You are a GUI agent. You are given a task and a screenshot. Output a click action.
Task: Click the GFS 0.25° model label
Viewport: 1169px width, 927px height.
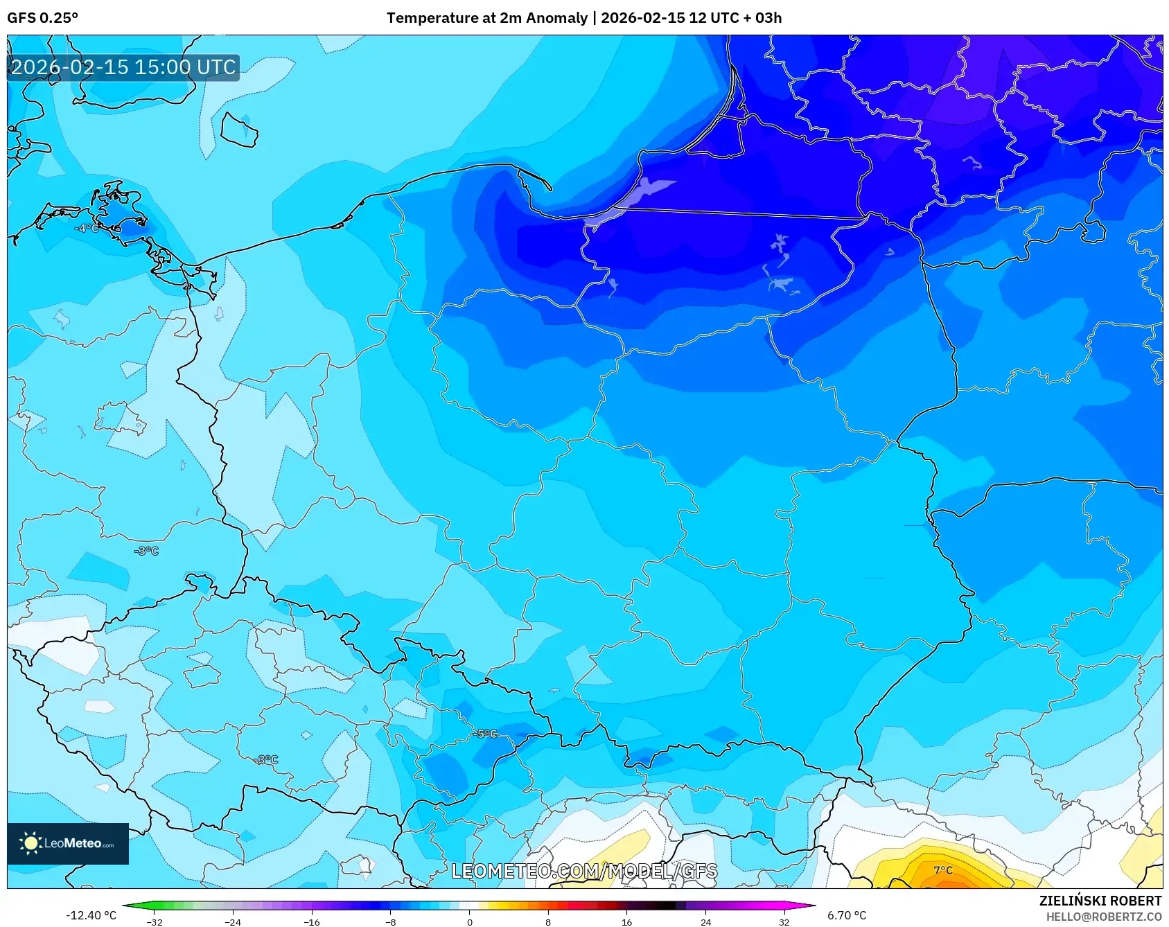42,18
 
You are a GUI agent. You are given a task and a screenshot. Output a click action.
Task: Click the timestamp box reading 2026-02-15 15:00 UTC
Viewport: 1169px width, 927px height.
123,67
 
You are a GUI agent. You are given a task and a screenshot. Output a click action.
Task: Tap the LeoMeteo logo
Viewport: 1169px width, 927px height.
68,843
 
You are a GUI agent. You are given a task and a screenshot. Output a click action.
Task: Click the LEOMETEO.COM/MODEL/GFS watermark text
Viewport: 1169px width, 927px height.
584,871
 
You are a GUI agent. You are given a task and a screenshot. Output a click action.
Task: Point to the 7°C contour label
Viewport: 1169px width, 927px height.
943,870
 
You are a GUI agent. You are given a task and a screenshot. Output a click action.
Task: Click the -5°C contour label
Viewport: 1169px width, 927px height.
487,734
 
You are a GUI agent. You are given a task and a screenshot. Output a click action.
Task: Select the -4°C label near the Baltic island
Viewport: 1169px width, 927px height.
87,228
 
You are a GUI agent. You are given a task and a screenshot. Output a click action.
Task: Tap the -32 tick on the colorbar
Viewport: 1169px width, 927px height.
155,921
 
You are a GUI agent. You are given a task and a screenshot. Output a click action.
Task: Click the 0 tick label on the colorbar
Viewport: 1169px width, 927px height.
470,921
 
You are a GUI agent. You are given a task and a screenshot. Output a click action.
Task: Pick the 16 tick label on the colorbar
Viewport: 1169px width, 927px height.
626,921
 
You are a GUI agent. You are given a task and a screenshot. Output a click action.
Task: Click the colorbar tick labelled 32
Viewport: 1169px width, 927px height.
784,921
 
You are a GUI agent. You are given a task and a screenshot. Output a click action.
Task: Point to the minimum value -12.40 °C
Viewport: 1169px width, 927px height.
91,915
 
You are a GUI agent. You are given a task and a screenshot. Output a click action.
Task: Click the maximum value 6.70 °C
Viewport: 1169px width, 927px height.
847,915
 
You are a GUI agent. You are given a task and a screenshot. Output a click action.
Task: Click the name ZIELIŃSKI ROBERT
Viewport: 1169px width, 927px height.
1100,901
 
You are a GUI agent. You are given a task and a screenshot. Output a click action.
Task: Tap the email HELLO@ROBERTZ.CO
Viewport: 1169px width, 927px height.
1103,917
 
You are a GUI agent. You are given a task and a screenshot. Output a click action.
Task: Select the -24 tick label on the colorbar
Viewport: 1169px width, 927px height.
233,921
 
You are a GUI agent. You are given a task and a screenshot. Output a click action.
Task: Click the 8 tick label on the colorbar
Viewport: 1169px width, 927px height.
548,921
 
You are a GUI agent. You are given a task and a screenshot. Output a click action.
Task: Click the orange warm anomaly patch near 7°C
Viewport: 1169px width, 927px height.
953,882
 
